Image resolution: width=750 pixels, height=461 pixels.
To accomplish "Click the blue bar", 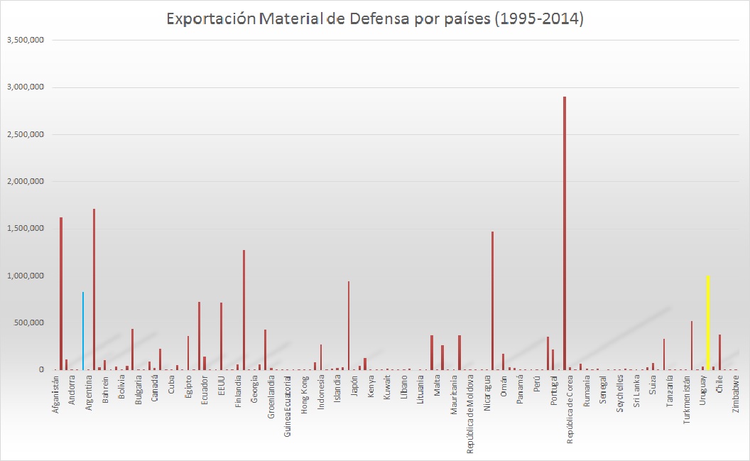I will (x=83, y=330).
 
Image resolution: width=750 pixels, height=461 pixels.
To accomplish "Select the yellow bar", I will (x=708, y=323).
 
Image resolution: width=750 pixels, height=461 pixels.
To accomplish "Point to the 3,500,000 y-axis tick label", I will (x=26, y=40).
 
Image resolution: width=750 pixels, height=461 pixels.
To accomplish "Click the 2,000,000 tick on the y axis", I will (x=26, y=181).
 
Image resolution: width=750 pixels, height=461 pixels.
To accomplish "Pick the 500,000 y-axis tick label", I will (x=29, y=322).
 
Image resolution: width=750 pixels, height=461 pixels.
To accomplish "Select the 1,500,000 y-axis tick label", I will (x=26, y=228).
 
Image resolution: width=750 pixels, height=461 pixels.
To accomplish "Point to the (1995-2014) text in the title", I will (x=536, y=19).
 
